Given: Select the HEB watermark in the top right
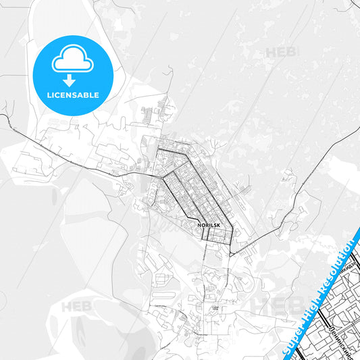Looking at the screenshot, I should (280, 53).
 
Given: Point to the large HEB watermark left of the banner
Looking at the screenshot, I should (270, 304).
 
